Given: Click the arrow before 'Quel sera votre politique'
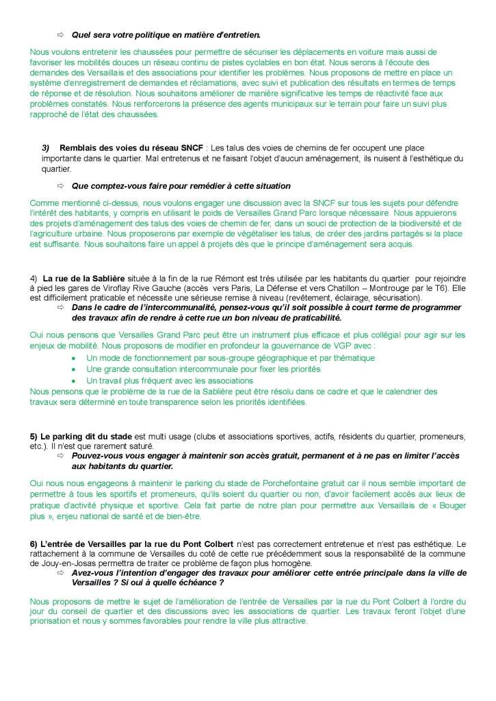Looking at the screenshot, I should [x=60, y=34].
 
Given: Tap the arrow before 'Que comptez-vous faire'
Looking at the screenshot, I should [x=60, y=186].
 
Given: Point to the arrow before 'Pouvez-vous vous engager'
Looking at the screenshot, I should [x=60, y=455].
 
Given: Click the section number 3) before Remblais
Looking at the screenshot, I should [x=46, y=148].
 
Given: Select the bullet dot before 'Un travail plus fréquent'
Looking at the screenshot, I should [x=75, y=380].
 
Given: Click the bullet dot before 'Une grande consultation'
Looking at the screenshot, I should [x=75, y=369].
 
